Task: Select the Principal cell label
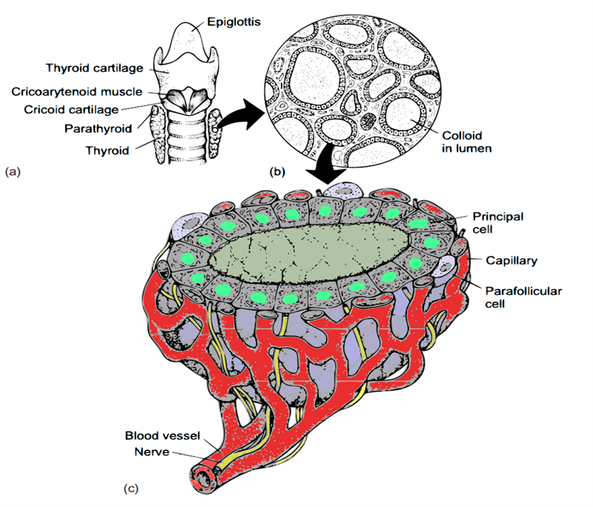[497, 222]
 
